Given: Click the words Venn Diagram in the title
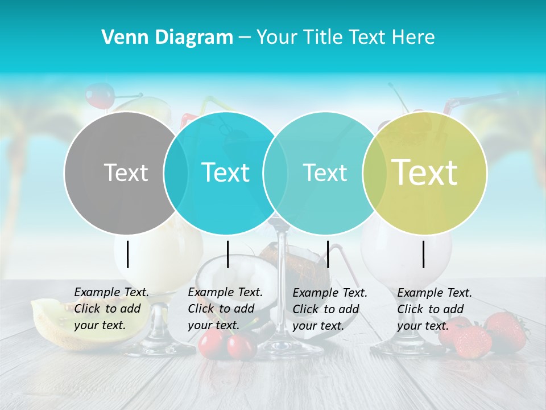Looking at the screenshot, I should pyautogui.click(x=167, y=38).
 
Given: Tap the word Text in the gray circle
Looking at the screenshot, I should pyautogui.click(x=126, y=173).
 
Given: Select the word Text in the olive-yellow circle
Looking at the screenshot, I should pyautogui.click(x=425, y=173).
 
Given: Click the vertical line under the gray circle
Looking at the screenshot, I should pyautogui.click(x=127, y=254).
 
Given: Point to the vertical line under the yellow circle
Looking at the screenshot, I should pyautogui.click(x=424, y=254).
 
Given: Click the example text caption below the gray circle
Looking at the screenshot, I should pyautogui.click(x=111, y=309).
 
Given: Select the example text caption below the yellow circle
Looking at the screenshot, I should pyautogui.click(x=434, y=309).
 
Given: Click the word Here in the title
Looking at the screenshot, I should pyautogui.click(x=414, y=38).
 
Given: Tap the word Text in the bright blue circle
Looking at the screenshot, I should pyautogui.click(x=225, y=173).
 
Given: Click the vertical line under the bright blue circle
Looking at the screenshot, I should pyautogui.click(x=227, y=254).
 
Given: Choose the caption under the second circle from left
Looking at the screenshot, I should pyautogui.click(x=225, y=309).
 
